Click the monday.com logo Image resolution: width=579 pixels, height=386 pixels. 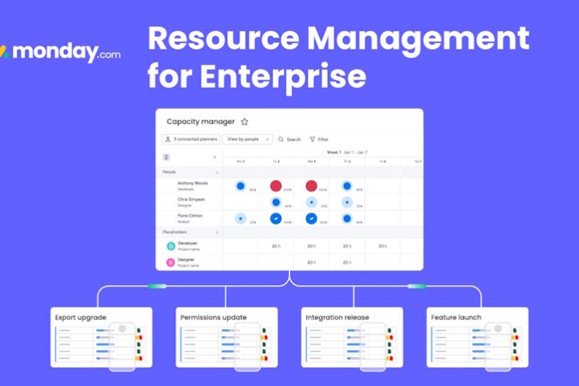pos(61,52)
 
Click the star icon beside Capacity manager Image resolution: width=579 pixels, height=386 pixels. pos(245,122)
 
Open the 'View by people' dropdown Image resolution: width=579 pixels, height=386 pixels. pos(248,139)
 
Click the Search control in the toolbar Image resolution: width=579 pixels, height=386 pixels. pos(289,139)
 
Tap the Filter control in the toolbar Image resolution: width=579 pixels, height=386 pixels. pos(318,139)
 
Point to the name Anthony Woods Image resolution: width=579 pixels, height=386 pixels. pos(192,183)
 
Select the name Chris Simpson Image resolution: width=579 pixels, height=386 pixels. pos(191,199)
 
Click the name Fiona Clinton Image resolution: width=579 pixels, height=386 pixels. pos(190,215)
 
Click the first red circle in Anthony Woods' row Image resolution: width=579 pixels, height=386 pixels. pos(276,186)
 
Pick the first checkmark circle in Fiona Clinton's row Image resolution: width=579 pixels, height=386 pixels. pos(276,218)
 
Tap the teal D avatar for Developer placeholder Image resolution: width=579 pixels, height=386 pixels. pos(170,246)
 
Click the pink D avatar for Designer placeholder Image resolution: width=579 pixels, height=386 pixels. pos(170,262)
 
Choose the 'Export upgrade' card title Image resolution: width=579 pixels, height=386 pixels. pos(81,317)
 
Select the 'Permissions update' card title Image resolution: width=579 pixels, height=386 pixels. pos(214,317)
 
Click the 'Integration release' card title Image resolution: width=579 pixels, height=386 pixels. pos(337,317)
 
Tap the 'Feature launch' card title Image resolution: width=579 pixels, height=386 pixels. pos(457,317)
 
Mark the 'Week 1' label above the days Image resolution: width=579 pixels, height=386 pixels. pos(333,151)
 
